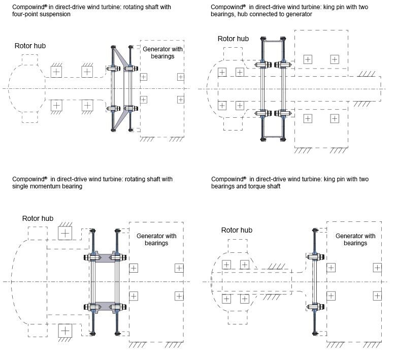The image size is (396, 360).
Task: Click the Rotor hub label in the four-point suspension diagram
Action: (30, 46)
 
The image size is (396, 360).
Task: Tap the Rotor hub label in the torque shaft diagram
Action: (237, 230)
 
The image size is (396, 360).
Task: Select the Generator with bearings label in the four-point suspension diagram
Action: (162, 52)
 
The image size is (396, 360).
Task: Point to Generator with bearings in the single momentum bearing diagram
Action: (156, 239)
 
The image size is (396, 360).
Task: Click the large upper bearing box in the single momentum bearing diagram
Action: (65, 233)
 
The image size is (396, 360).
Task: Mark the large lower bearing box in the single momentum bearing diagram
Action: (65, 330)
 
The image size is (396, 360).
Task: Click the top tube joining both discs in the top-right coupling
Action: (273, 40)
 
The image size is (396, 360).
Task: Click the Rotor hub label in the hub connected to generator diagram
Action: (233, 39)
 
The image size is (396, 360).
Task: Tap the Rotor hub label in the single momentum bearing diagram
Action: (38, 218)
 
